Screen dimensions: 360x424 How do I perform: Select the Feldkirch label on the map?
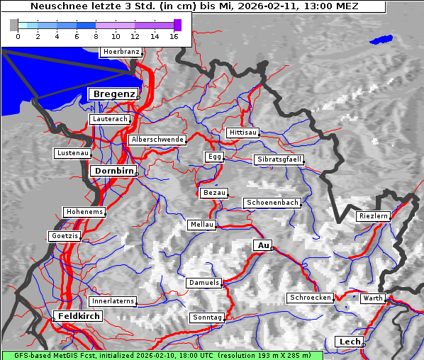(x=78, y=315)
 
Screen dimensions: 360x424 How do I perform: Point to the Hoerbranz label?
(x=121, y=52)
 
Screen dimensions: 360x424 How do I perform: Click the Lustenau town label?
(x=72, y=153)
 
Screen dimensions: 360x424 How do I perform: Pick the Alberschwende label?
(x=157, y=140)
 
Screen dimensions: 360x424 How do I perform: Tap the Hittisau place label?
(x=243, y=133)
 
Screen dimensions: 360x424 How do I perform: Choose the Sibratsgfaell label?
(x=279, y=159)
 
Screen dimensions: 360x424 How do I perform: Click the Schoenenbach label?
(x=272, y=203)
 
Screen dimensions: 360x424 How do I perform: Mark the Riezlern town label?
(x=373, y=215)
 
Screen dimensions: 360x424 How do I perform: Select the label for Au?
(x=262, y=245)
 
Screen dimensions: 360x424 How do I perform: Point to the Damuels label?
(x=204, y=283)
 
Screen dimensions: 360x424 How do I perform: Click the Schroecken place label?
(x=310, y=298)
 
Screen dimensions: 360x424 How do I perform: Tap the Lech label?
(x=350, y=342)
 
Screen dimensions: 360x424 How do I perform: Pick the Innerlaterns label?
(x=113, y=301)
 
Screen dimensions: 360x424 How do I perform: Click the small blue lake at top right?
(x=381, y=40)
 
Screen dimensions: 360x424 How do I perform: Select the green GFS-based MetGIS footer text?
(x=162, y=354)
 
